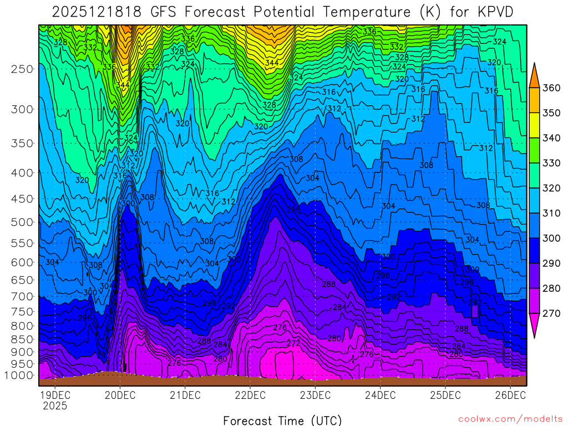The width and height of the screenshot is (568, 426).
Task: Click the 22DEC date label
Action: (x=250, y=395)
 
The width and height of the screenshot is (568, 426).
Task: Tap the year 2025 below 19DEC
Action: (x=54, y=406)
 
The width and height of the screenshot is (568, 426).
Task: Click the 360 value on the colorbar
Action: (x=551, y=88)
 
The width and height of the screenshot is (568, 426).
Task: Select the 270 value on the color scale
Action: (x=551, y=313)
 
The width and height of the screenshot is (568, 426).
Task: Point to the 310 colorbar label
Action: (x=551, y=213)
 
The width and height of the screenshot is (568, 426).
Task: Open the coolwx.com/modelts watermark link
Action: (x=510, y=419)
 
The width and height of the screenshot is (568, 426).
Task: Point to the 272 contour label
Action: (x=293, y=343)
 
